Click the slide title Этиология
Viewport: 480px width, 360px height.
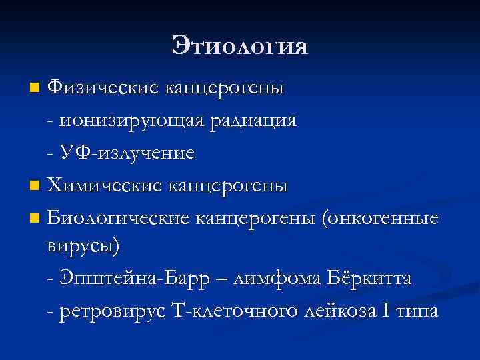pyautogui.click(x=240, y=45)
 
